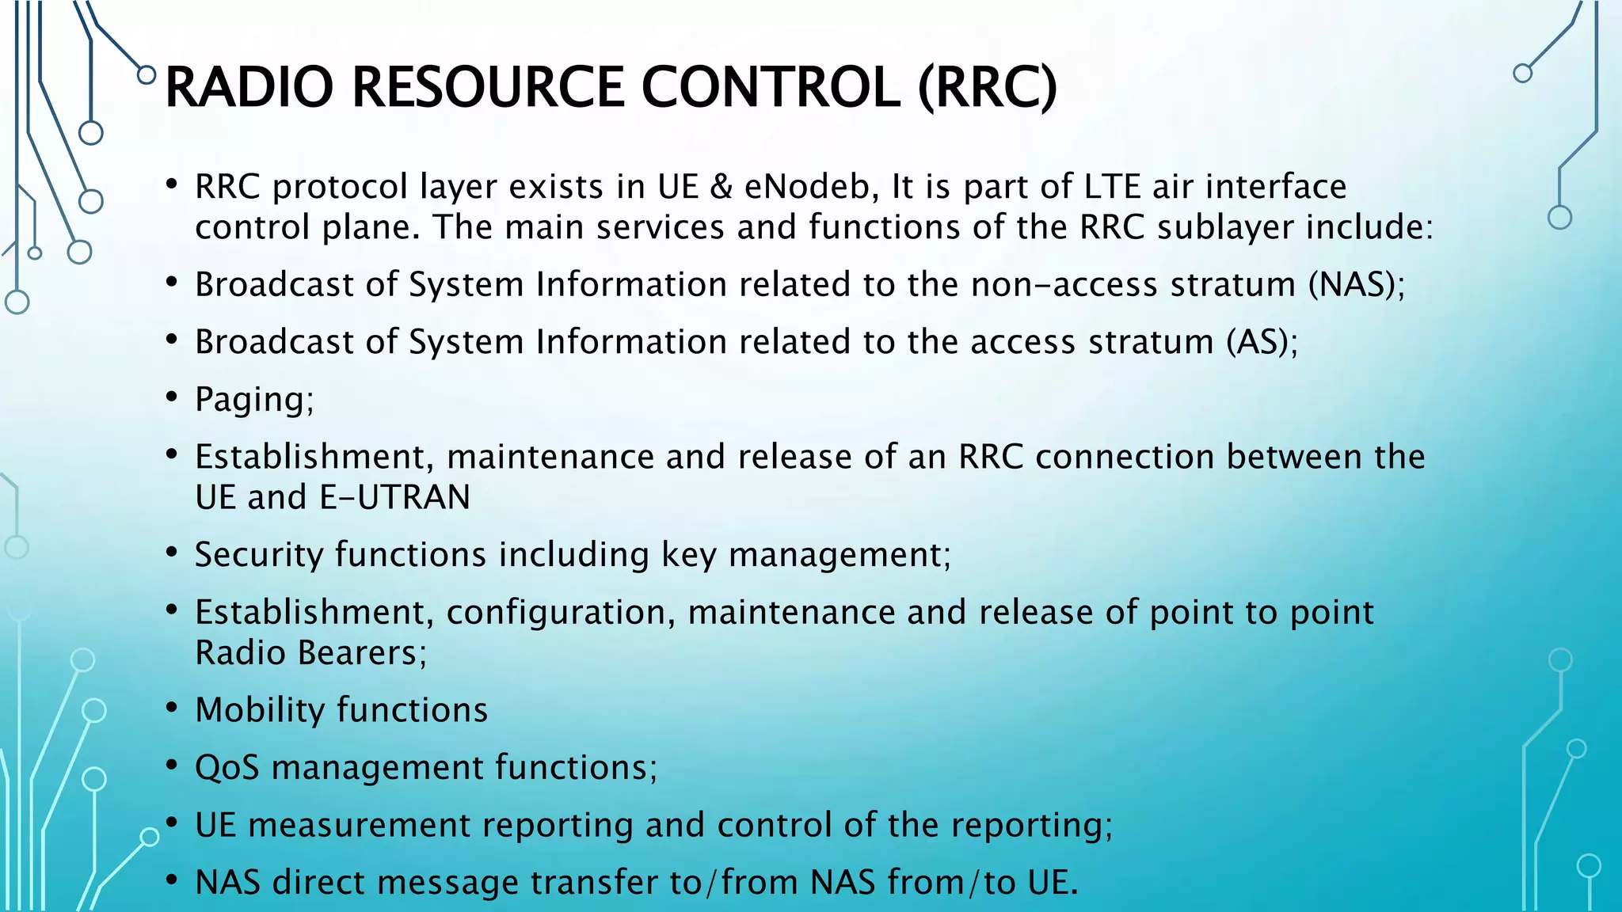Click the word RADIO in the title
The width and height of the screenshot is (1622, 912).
(249, 87)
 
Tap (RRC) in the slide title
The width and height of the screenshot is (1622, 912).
(987, 87)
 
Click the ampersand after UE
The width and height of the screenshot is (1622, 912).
(722, 188)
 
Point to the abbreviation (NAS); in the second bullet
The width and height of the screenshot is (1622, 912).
(1356, 285)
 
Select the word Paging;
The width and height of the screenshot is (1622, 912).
(254, 400)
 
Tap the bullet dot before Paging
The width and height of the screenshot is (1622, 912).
(171, 397)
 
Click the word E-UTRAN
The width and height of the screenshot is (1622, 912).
(394, 498)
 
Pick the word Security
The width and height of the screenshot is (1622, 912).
(259, 555)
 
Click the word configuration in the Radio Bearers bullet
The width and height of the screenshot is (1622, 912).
(561, 614)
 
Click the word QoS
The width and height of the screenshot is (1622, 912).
(227, 768)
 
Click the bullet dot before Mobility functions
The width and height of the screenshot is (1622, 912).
(171, 708)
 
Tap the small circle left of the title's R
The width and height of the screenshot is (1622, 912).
(147, 75)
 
